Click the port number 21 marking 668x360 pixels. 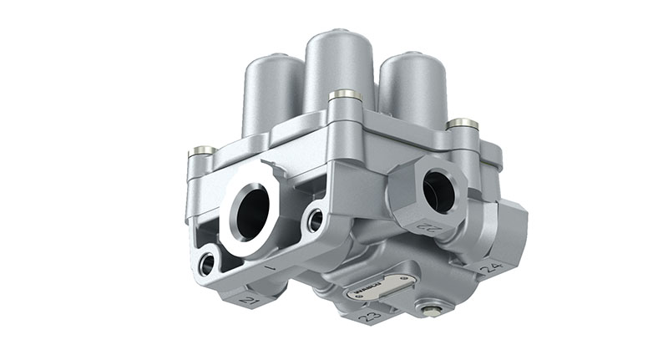coord(248,298)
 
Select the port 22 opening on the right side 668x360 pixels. coord(438,191)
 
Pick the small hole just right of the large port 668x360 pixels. coord(315,221)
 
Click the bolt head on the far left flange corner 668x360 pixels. coord(200,151)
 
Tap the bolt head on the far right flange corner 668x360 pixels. coord(463,124)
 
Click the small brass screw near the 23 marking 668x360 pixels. coord(430,311)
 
